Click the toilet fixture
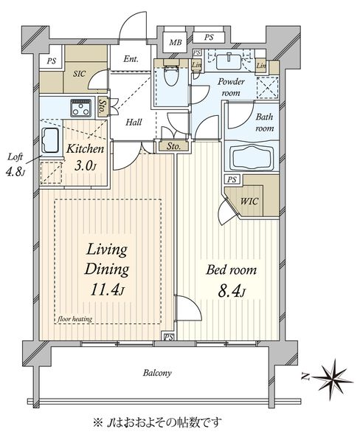(x=171, y=75)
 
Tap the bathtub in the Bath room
(x=252, y=157)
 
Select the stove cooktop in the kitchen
(x=81, y=108)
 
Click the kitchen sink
(x=51, y=140)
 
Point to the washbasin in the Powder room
(x=229, y=61)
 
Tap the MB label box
(x=176, y=42)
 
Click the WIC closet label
(x=249, y=202)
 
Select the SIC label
(x=80, y=74)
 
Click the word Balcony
(x=157, y=373)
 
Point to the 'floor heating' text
(x=75, y=319)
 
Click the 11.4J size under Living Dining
(x=107, y=290)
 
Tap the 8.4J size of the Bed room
(x=231, y=292)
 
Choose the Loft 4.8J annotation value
(x=15, y=172)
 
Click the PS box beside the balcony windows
(x=168, y=337)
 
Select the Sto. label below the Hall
(x=173, y=146)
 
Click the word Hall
(x=134, y=123)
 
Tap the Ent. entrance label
(x=131, y=59)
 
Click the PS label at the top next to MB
(x=209, y=38)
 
